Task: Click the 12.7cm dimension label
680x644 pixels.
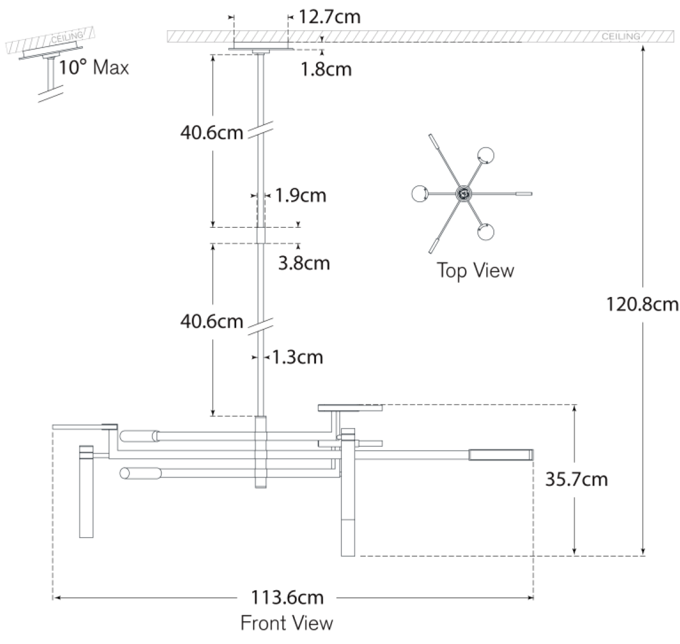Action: (330, 17)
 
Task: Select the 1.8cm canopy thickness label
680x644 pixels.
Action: (326, 69)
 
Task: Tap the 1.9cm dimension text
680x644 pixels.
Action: (301, 195)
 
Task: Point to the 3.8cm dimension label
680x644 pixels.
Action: (304, 263)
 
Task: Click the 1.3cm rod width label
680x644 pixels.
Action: (298, 358)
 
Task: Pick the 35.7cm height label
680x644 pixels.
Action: (577, 479)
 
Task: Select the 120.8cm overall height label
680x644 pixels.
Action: (642, 304)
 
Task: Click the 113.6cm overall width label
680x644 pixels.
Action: (287, 597)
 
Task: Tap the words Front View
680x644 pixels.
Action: (287, 623)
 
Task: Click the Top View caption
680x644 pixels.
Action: (476, 270)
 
